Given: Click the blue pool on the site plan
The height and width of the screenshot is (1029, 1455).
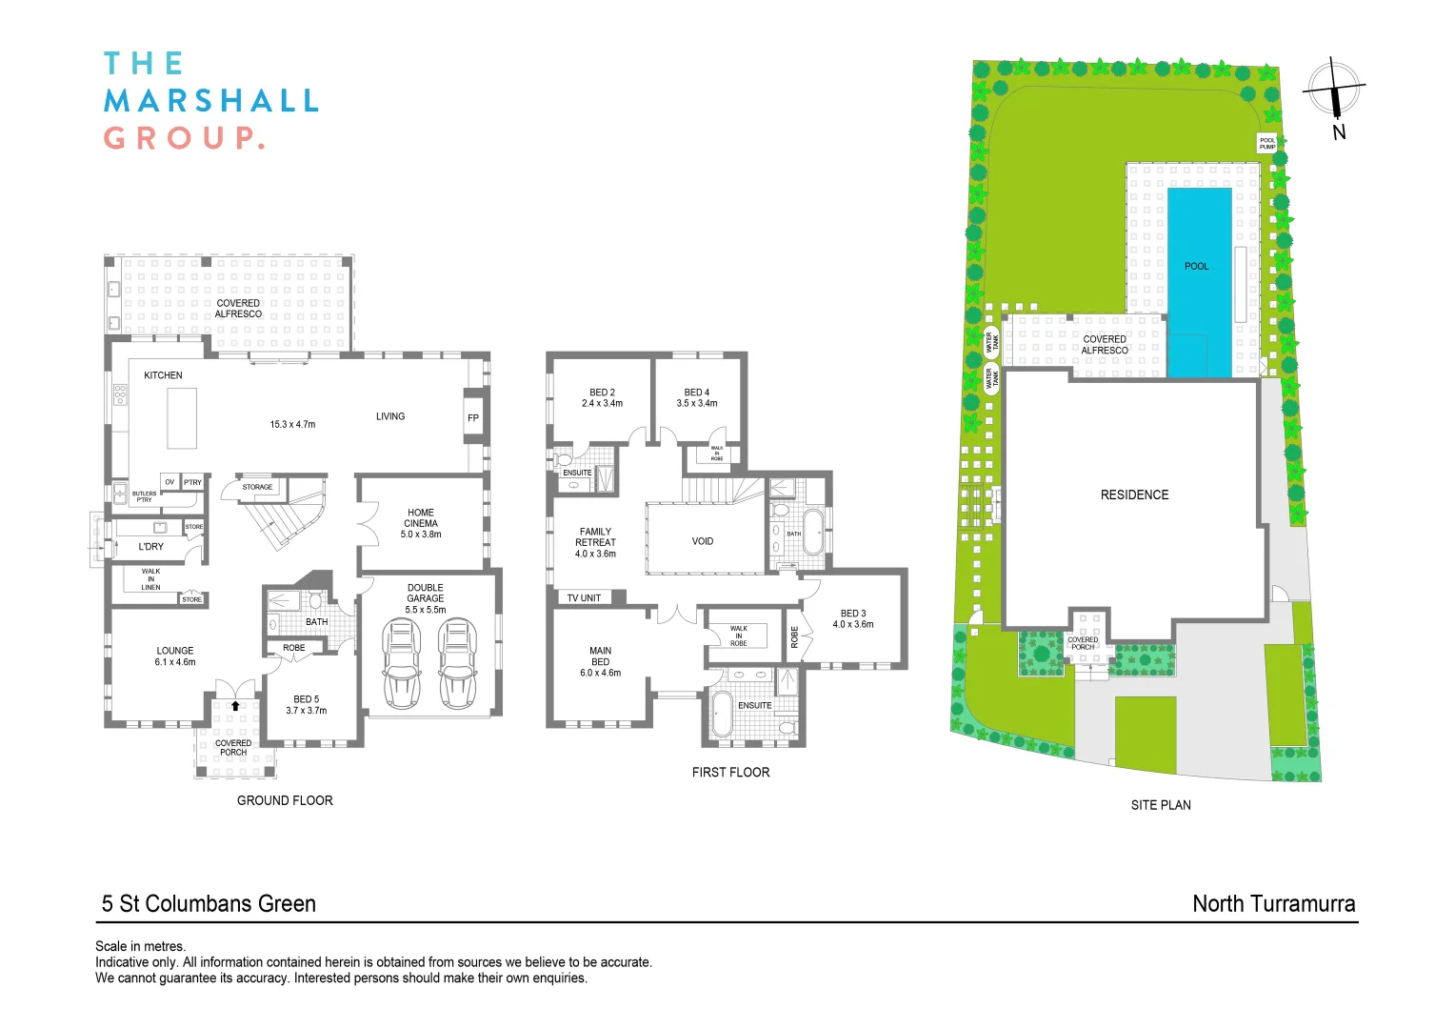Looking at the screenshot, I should coord(1199,281).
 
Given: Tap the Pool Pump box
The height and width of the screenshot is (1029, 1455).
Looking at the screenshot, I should coord(1266,144).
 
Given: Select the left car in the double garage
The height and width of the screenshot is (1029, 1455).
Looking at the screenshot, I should coord(401,663).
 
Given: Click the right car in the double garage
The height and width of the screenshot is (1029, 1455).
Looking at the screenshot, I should coord(457,663).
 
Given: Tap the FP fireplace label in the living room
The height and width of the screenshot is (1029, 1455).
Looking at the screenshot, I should coord(473,418).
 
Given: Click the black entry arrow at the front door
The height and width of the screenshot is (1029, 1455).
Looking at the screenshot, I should coord(235,706).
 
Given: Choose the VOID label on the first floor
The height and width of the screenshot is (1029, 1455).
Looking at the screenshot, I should coord(703,541).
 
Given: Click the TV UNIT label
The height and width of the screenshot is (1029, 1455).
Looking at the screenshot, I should coord(584,598).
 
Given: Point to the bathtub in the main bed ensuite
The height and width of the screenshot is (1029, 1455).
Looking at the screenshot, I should coord(722,716).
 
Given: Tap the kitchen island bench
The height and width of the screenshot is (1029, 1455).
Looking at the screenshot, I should coord(182,418).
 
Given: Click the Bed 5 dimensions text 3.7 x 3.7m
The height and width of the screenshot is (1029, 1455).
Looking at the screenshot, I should coord(307,711).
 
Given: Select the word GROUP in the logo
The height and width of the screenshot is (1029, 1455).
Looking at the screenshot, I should coord(181,138).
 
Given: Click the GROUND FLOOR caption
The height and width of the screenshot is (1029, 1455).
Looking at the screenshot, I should coord(285,801).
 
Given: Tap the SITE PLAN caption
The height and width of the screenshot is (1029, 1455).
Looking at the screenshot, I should coord(1161,805).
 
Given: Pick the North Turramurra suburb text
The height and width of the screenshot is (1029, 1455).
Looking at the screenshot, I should coord(1273,904).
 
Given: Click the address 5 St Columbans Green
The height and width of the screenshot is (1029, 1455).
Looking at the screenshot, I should coord(209,904).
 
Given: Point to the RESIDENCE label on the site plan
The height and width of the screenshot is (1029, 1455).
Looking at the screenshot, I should coord(1134,495).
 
